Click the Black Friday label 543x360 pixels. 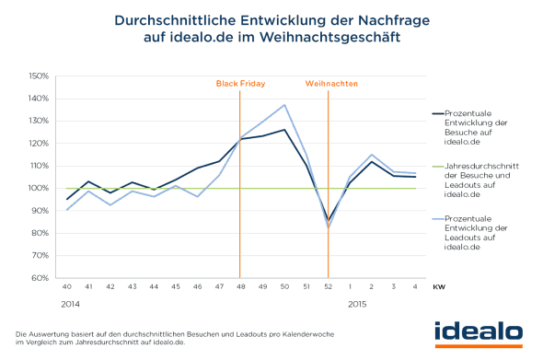click(x=240, y=84)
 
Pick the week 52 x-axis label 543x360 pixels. click(x=329, y=288)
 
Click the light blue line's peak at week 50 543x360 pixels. click(x=285, y=105)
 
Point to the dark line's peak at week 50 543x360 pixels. click(x=285, y=130)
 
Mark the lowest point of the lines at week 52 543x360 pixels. click(x=329, y=224)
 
